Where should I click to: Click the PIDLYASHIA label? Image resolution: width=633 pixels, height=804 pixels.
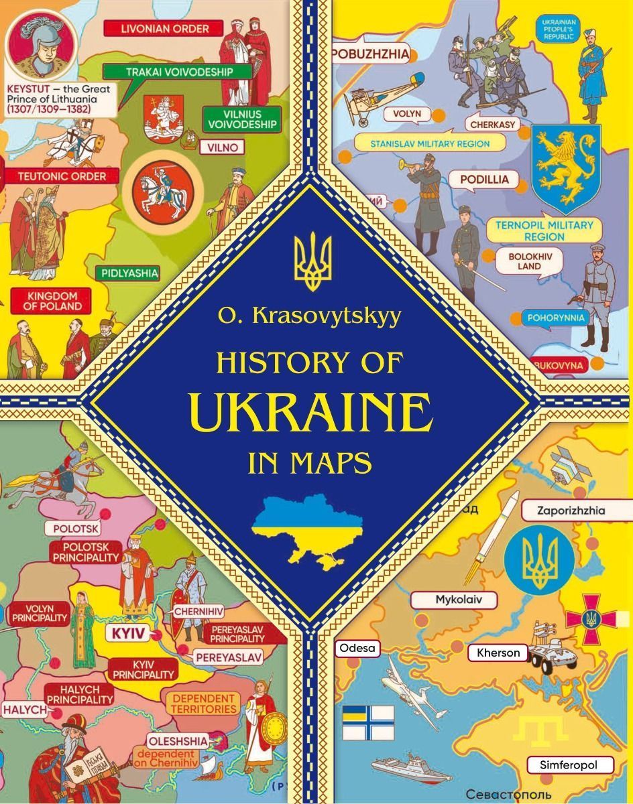click(127, 273)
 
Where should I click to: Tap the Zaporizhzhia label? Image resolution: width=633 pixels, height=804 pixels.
click(571, 511)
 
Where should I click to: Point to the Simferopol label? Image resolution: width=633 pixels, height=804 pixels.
click(567, 764)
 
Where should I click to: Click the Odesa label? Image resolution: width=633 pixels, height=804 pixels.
click(359, 648)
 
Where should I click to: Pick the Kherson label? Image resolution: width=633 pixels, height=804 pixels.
click(498, 652)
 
